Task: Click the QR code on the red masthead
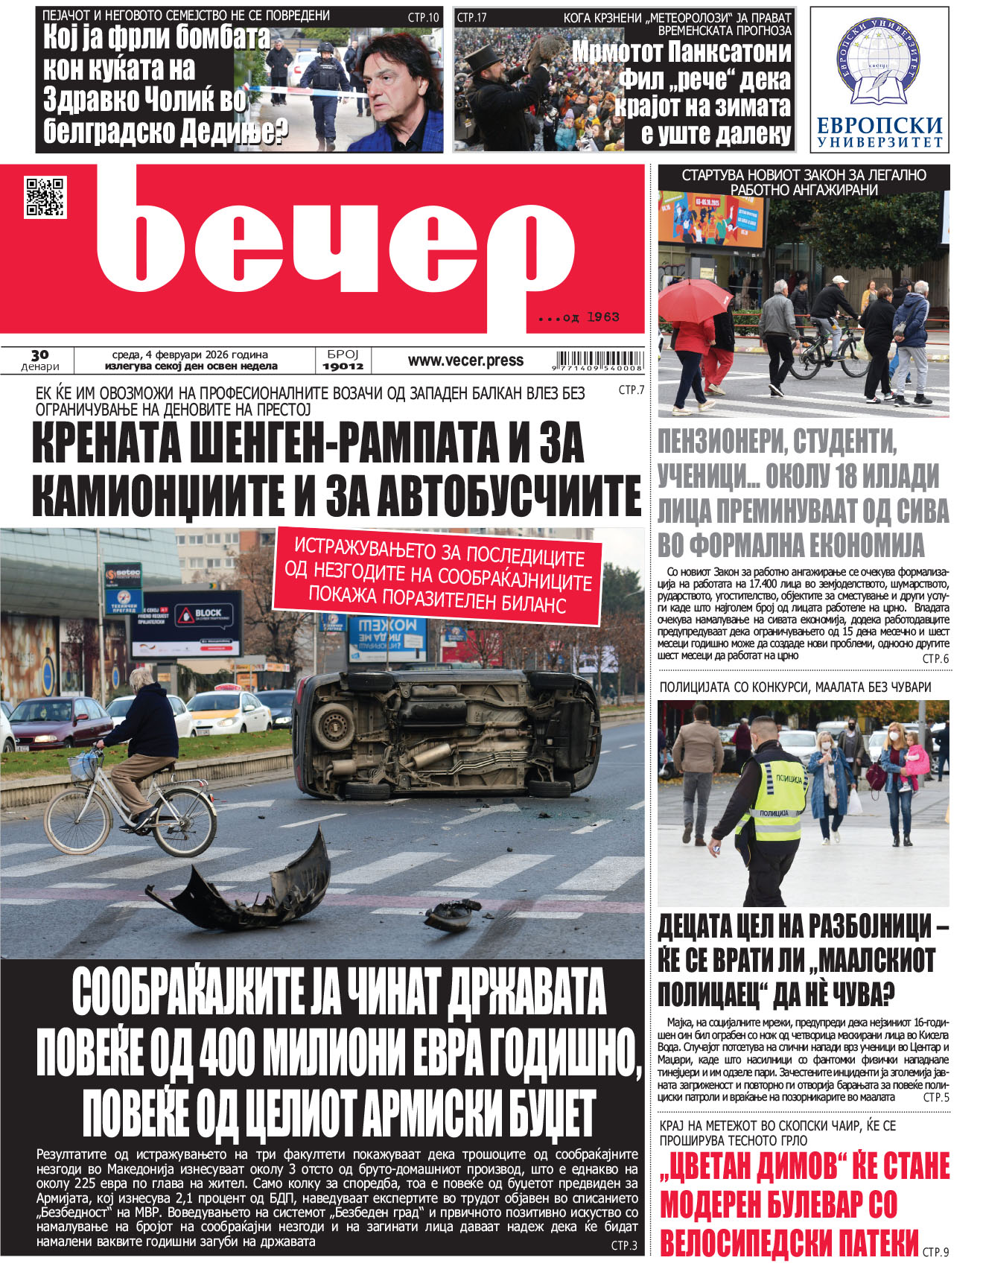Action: [x=45, y=197]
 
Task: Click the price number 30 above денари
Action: [x=40, y=355]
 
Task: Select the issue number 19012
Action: [x=343, y=366]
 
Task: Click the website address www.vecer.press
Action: [x=465, y=360]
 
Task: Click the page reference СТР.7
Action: [x=631, y=390]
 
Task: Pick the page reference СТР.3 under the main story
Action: [x=624, y=1245]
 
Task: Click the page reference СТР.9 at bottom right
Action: [x=935, y=1253]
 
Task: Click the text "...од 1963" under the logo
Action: [x=579, y=317]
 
